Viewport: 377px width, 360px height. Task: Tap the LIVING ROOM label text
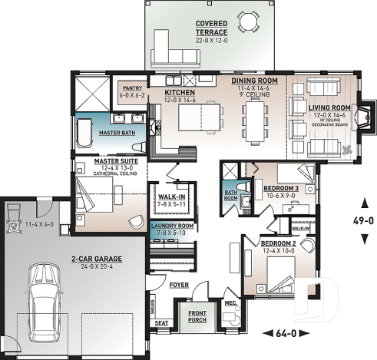point(330,107)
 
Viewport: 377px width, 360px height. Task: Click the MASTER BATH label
point(117,132)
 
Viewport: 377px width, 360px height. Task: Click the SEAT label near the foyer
point(162,322)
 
